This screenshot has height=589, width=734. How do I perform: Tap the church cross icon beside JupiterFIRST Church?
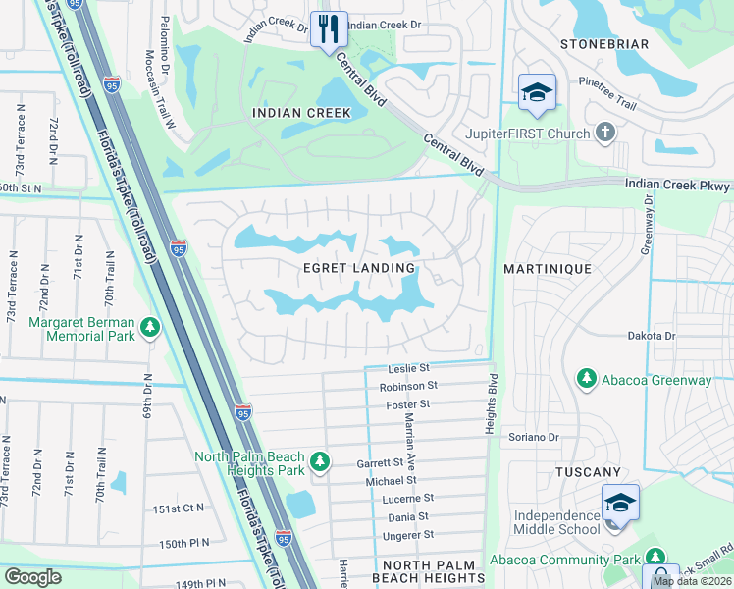605,133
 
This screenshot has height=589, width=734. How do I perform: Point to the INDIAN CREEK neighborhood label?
301,113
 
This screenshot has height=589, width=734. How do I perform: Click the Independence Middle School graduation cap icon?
620,502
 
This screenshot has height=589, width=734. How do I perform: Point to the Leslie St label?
409,369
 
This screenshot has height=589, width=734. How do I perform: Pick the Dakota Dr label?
653,336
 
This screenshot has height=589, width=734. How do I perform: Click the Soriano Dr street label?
533,437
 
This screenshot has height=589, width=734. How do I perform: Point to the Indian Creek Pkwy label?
678,185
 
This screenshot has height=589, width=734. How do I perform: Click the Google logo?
33,576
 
